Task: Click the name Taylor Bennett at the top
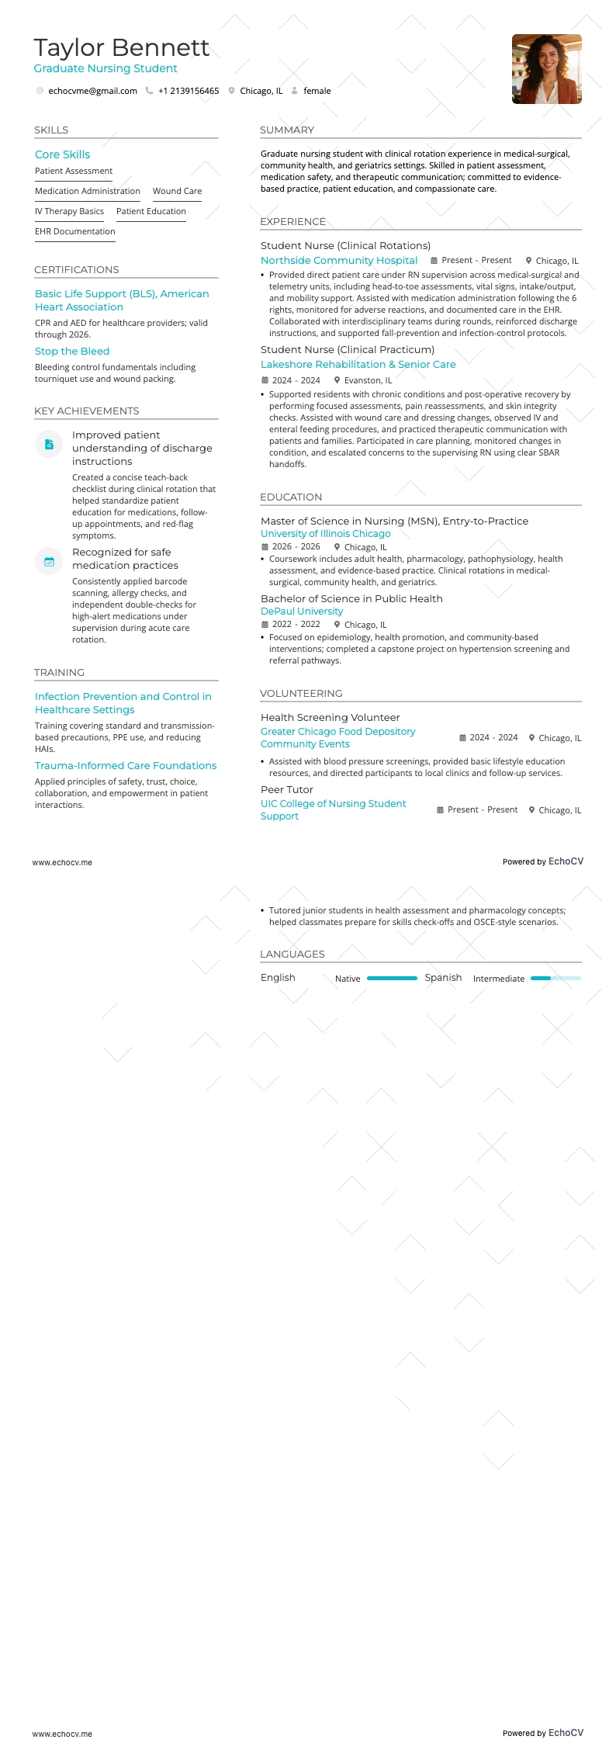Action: click(x=121, y=48)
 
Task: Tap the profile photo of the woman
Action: click(x=546, y=69)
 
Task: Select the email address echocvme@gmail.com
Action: click(x=92, y=91)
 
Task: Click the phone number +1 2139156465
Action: click(x=189, y=91)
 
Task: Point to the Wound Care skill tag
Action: click(x=177, y=191)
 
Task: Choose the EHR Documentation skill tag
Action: click(x=74, y=231)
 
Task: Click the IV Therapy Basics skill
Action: click(x=69, y=211)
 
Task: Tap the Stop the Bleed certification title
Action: click(x=72, y=352)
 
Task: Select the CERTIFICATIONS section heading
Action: click(x=77, y=270)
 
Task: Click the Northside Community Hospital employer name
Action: click(x=339, y=261)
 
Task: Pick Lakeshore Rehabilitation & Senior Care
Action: click(x=358, y=365)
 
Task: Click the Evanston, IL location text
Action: click(x=368, y=380)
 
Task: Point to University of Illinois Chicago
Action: click(x=326, y=534)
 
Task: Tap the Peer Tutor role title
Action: click(x=287, y=790)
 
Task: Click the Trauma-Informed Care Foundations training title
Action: click(x=126, y=766)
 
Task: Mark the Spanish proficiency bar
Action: click(x=555, y=979)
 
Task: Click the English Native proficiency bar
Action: click(x=392, y=979)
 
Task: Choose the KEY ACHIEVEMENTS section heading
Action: click(x=87, y=411)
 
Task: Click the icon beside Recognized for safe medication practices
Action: click(x=49, y=562)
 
